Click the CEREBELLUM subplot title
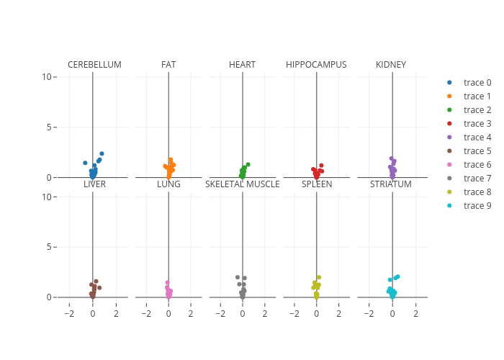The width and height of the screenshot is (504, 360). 94,65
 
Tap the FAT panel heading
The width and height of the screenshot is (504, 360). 168,65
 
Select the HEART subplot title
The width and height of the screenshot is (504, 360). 242,65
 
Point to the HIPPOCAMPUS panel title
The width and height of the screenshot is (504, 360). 316,65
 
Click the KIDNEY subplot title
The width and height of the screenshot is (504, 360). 391,65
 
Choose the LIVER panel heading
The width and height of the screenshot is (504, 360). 94,184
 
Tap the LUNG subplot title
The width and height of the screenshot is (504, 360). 168,184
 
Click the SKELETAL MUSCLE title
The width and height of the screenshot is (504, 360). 242,184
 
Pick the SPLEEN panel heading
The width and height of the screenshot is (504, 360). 316,184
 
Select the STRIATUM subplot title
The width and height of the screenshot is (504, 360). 391,184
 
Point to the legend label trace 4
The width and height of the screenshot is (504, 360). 476,138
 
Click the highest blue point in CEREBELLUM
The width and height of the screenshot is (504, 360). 102,153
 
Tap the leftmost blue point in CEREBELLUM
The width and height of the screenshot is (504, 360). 85,163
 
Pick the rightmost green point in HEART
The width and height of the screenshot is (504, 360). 248,164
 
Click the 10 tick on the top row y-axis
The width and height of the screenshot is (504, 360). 47,77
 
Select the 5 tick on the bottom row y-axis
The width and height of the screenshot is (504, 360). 49,247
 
